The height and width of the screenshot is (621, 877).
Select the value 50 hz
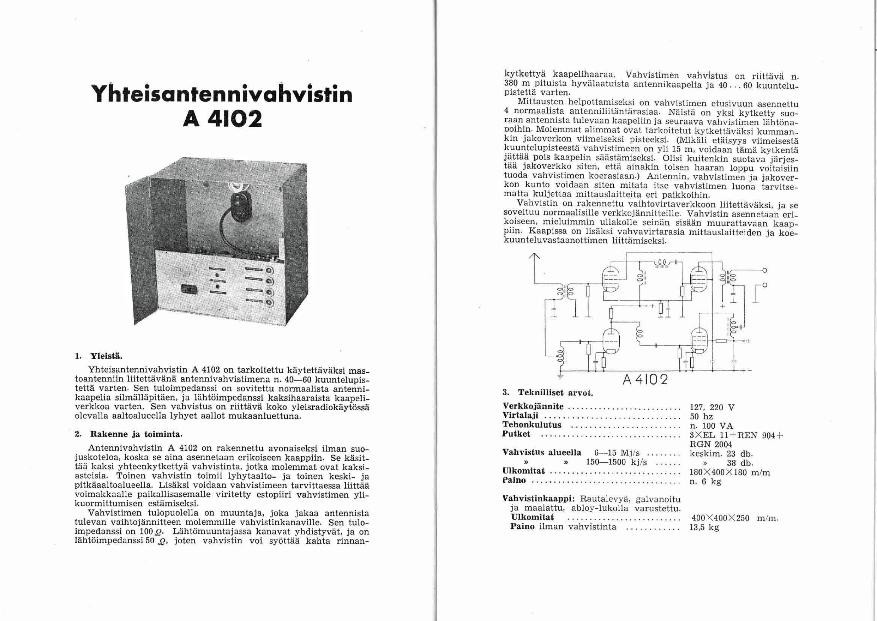pyautogui.click(x=701, y=416)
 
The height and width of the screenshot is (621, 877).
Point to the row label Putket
pyautogui.click(x=516, y=434)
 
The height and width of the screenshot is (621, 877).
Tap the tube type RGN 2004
pyautogui.click(x=711, y=444)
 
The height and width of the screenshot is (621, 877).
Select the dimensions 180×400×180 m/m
pyautogui.click(x=729, y=472)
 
